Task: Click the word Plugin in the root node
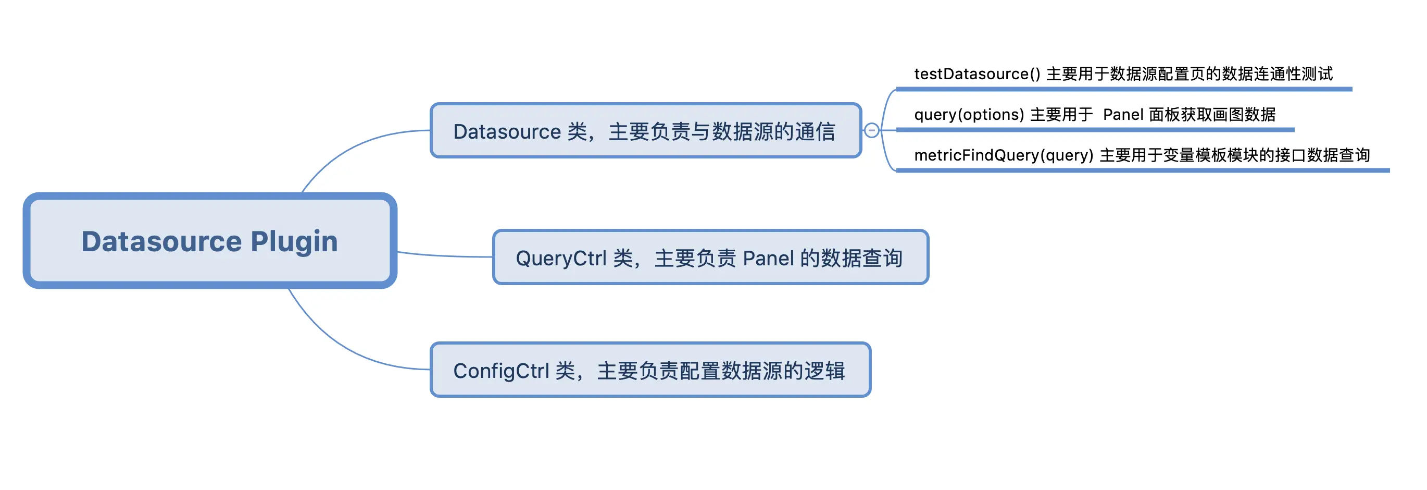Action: (294, 242)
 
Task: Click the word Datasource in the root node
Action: (161, 242)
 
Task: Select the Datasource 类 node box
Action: (645, 131)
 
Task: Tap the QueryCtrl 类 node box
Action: (710, 258)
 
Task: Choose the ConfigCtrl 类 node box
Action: (650, 370)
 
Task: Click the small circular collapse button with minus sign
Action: (871, 130)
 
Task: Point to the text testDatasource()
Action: (977, 73)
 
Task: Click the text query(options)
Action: (968, 114)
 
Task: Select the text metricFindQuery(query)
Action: (1003, 155)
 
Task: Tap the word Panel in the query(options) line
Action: (1123, 114)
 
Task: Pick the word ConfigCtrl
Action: (501, 371)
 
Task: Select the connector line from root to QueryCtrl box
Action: (443, 255)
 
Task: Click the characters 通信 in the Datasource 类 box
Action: (815, 132)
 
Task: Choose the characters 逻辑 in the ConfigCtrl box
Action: (825, 371)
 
